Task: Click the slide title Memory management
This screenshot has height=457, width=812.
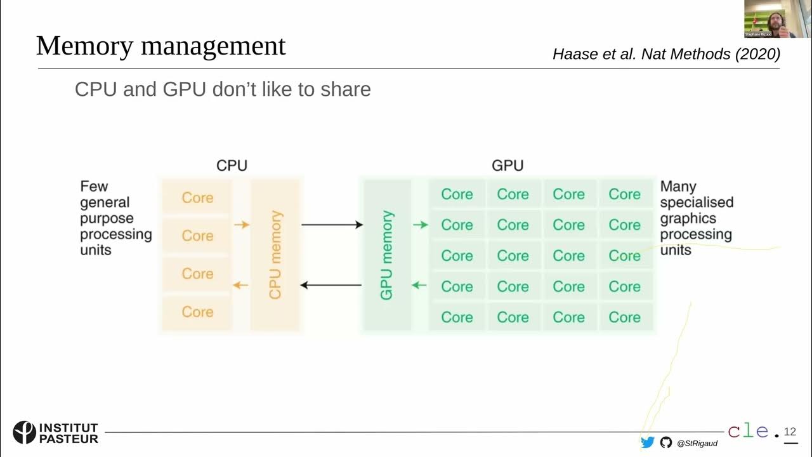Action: coord(160,46)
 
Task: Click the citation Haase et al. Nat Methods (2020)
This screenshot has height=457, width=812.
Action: coord(666,55)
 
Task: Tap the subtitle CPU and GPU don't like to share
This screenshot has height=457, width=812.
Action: coord(223,89)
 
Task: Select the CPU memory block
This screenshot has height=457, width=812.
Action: coord(275,255)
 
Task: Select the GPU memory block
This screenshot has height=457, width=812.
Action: coord(387,255)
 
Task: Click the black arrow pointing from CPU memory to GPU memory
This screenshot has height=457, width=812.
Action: coord(332,225)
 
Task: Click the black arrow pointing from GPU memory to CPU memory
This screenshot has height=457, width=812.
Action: coord(331,285)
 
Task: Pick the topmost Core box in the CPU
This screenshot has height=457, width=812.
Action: coord(197,198)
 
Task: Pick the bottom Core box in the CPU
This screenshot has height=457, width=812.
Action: coord(197,312)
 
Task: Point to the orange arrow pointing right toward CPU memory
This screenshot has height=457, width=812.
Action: coord(241,225)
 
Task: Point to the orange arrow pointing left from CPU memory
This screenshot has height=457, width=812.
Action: coord(240,285)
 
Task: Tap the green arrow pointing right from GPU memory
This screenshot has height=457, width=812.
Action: coord(420,225)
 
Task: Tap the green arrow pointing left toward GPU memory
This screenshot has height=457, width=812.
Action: coord(419,285)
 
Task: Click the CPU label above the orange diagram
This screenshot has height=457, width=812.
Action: coord(232,166)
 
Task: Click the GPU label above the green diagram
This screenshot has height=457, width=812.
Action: coord(507,166)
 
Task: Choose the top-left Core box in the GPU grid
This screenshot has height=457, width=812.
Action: coord(457,194)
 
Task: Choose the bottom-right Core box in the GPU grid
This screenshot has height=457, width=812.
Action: coord(624,317)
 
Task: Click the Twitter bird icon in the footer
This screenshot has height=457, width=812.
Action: coord(647,442)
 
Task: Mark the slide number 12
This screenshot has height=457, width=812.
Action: coord(790,432)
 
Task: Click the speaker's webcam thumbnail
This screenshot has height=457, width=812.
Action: coord(769,19)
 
